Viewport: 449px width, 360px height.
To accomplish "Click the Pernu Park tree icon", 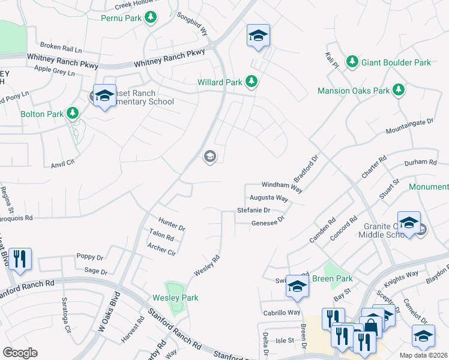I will pyautogui.click(x=150, y=18).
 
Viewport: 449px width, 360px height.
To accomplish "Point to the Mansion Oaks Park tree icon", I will pyautogui.click(x=398, y=91).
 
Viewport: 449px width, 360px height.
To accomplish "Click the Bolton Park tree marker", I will pyautogui.click(x=73, y=113).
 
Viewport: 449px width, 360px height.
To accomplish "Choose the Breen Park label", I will pyautogui.click(x=333, y=278).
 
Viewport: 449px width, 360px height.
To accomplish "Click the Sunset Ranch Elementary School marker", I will pyautogui.click(x=104, y=97).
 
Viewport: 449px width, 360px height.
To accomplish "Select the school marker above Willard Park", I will pyautogui.click(x=258, y=36).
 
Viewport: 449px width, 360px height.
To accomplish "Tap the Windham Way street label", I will pyautogui.click(x=276, y=185).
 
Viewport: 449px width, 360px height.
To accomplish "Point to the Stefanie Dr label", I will pyautogui.click(x=253, y=211).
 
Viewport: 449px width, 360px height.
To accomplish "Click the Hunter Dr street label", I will pyautogui.click(x=172, y=226).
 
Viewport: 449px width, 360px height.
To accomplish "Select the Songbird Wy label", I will pyautogui.click(x=191, y=28).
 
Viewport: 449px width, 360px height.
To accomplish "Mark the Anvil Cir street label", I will pyautogui.click(x=62, y=163).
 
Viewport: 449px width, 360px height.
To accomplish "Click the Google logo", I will pyautogui.click(x=20, y=353).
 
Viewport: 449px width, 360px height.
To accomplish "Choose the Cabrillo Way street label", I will pyautogui.click(x=282, y=313).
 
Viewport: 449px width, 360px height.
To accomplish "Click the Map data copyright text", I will pyautogui.click(x=423, y=355).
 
